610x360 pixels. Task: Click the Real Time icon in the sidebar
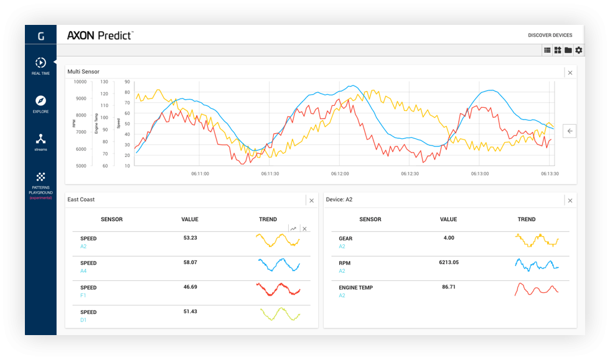click(x=40, y=63)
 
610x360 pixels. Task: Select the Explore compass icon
click(x=40, y=100)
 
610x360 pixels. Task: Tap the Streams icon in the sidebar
click(x=40, y=138)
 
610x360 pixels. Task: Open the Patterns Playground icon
click(x=40, y=177)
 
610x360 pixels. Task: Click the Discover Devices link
click(x=550, y=35)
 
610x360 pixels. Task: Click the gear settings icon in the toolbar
click(x=579, y=50)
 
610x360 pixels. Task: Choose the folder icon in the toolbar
click(x=568, y=50)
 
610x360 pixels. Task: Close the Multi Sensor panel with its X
click(x=570, y=73)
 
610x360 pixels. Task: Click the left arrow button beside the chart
click(x=570, y=131)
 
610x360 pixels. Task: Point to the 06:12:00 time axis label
click(x=340, y=174)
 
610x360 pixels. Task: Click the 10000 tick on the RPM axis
click(x=80, y=82)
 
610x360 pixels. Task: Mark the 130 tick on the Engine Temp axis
click(x=105, y=82)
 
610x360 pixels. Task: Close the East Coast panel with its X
click(x=312, y=201)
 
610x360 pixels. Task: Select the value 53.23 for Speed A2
click(x=190, y=238)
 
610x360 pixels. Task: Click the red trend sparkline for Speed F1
click(x=278, y=290)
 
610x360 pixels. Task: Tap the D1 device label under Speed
click(x=83, y=320)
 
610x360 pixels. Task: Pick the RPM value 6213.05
click(x=449, y=262)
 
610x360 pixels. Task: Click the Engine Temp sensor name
click(x=355, y=288)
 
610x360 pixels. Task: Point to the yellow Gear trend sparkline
click(x=537, y=240)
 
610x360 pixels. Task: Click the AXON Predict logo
click(x=100, y=36)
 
